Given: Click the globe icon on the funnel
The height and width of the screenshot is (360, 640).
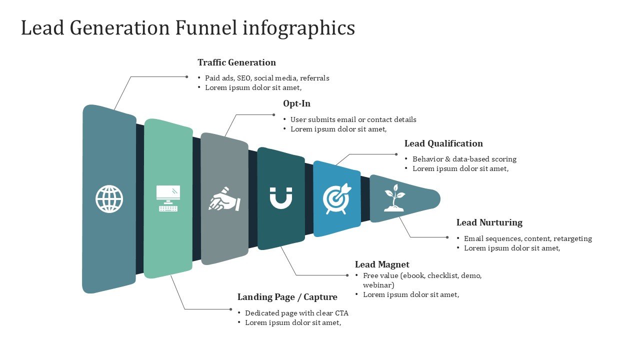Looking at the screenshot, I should [x=109, y=199].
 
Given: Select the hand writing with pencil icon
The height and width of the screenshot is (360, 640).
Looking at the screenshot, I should [x=224, y=199].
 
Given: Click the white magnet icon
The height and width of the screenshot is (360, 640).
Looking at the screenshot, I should [x=281, y=198].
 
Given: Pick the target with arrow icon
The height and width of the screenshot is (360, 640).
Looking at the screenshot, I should [x=337, y=199].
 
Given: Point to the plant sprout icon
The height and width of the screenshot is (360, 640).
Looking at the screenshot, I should [x=394, y=198].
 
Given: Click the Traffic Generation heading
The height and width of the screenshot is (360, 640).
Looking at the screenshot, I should [x=236, y=62].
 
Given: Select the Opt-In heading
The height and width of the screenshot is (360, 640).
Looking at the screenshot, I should [x=296, y=103].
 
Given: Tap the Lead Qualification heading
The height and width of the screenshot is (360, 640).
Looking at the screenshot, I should [x=443, y=143].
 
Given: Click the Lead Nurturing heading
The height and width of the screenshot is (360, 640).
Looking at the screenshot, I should [x=489, y=222].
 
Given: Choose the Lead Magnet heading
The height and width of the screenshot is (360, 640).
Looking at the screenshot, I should [x=382, y=264].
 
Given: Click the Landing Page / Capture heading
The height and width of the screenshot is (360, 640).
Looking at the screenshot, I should [x=287, y=297].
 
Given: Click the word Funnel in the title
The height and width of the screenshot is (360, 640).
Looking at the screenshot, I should [x=206, y=28].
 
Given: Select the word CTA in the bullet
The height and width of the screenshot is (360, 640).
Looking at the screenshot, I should [x=341, y=313].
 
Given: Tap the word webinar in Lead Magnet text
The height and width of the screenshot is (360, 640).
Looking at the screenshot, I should [x=378, y=285].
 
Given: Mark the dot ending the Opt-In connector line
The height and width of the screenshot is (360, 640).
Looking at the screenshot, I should [x=273, y=114].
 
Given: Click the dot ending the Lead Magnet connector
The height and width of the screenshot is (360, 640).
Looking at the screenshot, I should [x=347, y=275].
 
